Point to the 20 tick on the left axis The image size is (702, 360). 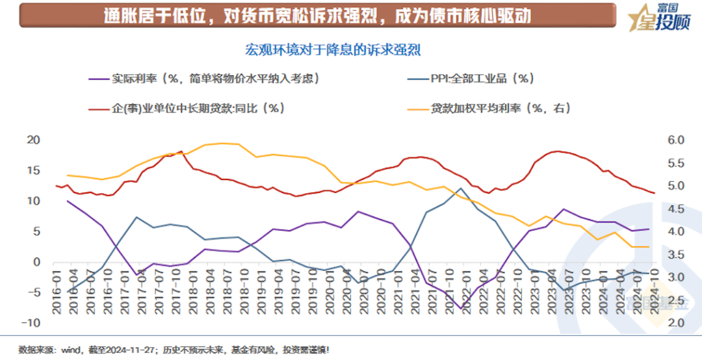tap(32, 140)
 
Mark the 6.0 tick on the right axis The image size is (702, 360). tap(676, 140)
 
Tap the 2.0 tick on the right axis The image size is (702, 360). tap(676, 323)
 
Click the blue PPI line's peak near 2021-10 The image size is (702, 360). tap(461, 188)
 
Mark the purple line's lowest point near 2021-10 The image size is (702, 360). tap(461, 309)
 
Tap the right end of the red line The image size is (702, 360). tap(654, 192)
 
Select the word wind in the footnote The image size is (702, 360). tap(72, 350)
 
